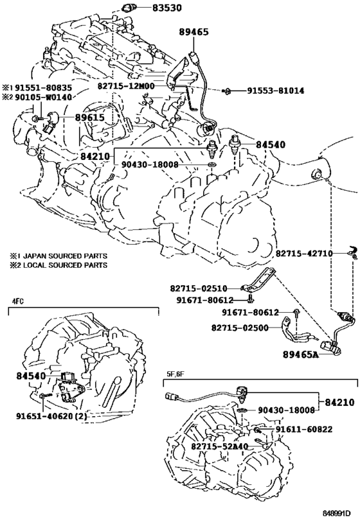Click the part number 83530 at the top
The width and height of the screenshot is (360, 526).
tap(167, 7)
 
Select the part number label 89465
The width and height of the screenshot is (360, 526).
tap(194, 32)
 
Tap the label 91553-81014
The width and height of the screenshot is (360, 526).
tap(276, 91)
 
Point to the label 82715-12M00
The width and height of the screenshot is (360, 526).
tap(126, 86)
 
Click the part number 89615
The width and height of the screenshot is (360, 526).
tap(89, 118)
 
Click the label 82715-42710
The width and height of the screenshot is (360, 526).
tap(304, 253)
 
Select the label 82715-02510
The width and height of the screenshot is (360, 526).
tap(199, 288)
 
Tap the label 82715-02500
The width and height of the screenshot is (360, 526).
tap(240, 328)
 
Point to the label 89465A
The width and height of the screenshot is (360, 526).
tap(300, 355)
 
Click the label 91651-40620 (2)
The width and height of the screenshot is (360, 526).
tap(51, 416)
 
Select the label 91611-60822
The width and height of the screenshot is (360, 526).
tap(304, 430)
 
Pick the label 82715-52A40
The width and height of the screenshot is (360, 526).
tap(220, 446)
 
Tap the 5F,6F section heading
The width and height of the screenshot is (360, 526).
tap(175, 373)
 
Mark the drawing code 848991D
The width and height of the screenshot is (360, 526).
tap(336, 513)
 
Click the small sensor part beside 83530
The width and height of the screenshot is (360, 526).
tap(130, 8)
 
